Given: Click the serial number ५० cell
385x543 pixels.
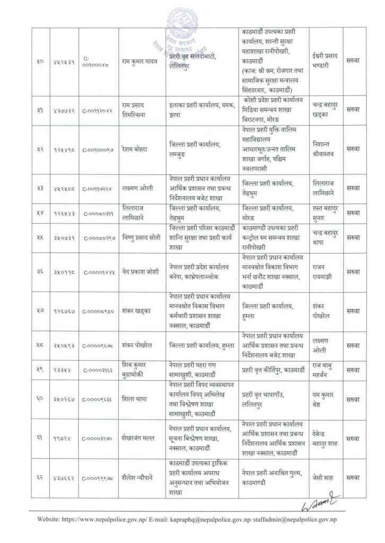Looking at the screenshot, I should [x=39, y=64].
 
